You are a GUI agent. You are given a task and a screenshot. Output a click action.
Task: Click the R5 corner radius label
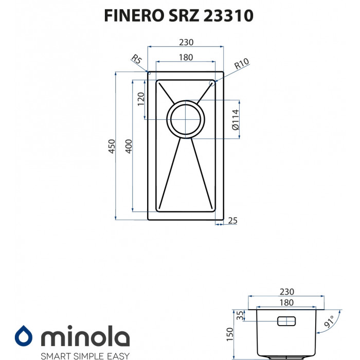pyautogui.click(x=137, y=60)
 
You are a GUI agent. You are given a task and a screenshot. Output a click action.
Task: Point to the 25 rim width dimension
pyautogui.click(x=232, y=221)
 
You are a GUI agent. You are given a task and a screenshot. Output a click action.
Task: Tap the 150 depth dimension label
pyautogui.click(x=230, y=335)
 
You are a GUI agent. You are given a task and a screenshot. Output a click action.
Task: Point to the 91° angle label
pyautogui.click(x=330, y=322)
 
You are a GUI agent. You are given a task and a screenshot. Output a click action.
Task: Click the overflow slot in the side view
pyautogui.click(x=286, y=321)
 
